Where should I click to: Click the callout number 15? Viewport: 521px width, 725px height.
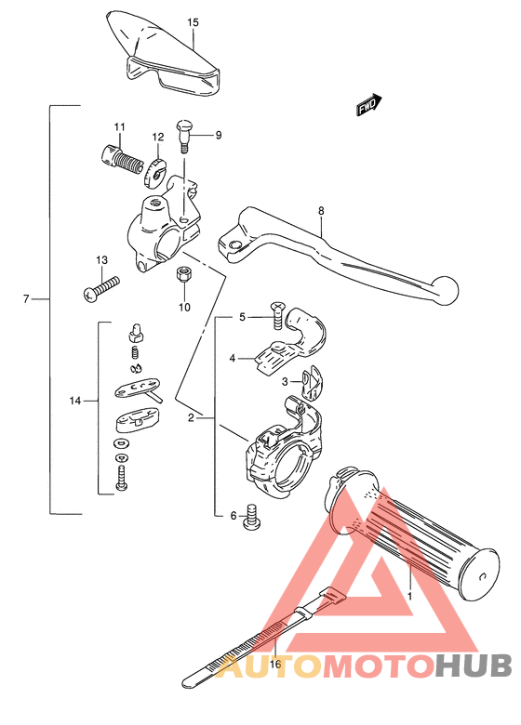point(193,20)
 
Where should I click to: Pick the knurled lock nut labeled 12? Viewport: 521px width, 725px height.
point(156,169)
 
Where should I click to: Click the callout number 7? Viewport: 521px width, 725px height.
point(26,298)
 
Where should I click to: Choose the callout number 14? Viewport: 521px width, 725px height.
point(75,401)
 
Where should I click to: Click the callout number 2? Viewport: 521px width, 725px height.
point(191,418)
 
